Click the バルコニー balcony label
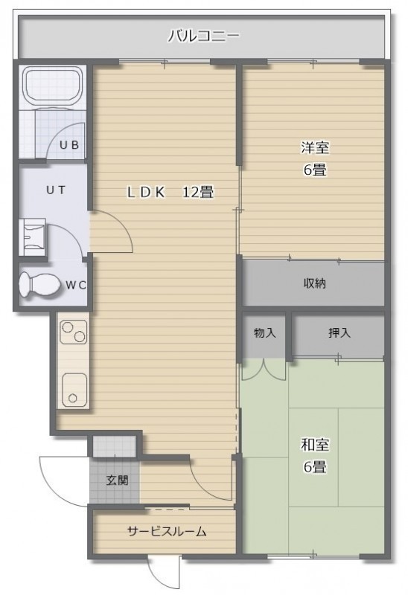click(203, 36)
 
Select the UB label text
click(69, 144)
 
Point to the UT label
click(56, 190)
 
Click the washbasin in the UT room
click(32, 237)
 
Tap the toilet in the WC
click(39, 285)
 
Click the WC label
click(76, 285)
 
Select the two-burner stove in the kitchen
click(74, 332)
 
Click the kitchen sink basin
click(74, 388)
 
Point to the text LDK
click(146, 193)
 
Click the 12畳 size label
click(198, 192)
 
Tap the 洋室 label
click(315, 147)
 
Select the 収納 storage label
click(314, 283)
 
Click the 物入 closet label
click(265, 333)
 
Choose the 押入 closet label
click(340, 332)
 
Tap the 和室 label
click(315, 445)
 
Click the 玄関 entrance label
click(117, 480)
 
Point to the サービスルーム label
click(167, 532)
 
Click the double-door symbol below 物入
click(264, 369)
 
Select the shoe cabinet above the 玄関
click(115, 447)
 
